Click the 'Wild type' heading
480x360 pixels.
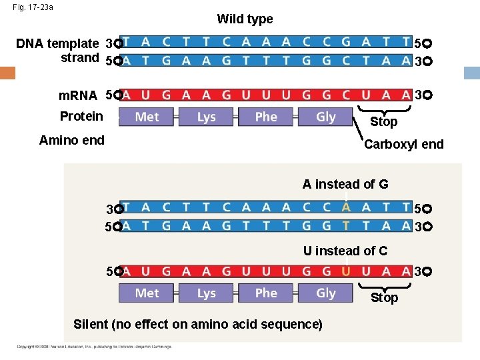click(x=245, y=19)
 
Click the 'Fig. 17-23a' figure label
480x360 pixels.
click(x=33, y=7)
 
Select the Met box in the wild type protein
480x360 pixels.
click(x=147, y=117)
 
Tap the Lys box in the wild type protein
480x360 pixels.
click(x=206, y=117)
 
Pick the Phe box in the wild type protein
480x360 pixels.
click(x=266, y=117)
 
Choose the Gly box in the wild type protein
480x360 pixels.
click(x=325, y=117)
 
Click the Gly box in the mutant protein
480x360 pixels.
click(x=325, y=293)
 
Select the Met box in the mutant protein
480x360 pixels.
click(x=147, y=293)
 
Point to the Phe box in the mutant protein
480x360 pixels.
click(x=266, y=293)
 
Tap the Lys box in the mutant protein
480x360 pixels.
click(x=206, y=293)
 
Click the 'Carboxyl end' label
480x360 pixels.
click(x=403, y=144)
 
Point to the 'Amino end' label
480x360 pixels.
click(x=72, y=140)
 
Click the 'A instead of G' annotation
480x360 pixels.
click(x=345, y=184)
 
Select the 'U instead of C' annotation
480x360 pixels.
click(x=345, y=251)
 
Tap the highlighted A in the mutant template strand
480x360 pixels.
click(x=346, y=207)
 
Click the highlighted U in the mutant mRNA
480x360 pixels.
click(x=346, y=271)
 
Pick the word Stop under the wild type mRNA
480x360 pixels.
click(x=384, y=121)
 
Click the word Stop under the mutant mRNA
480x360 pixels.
click(x=384, y=297)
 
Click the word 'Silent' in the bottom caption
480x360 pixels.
click(x=90, y=325)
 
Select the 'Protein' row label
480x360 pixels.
click(x=81, y=116)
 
